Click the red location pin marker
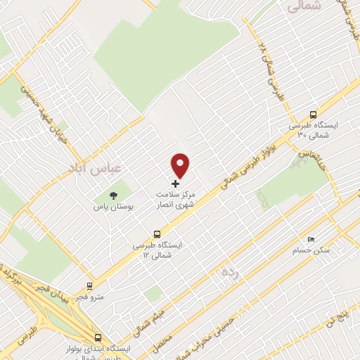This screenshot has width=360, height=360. [181, 165]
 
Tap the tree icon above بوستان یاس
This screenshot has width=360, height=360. [113, 195]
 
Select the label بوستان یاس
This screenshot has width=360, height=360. [113, 207]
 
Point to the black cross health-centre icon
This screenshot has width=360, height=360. [176, 184]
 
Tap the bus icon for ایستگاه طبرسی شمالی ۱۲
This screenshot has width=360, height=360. [157, 234]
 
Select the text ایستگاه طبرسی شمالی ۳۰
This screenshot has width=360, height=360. [313, 129]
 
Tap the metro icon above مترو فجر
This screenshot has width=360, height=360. [89, 285]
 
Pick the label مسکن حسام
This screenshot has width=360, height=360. [311, 250]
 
